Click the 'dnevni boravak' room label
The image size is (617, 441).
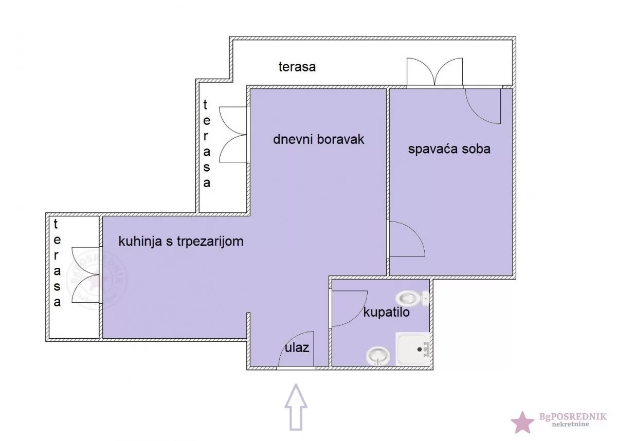pyautogui.click(x=318, y=139)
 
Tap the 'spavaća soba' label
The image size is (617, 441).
pyautogui.click(x=449, y=149)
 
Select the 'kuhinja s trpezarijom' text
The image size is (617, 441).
pyautogui.click(x=180, y=241)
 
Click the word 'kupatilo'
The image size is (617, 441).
pyautogui.click(x=386, y=312)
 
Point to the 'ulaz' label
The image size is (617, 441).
pyautogui.click(x=297, y=347)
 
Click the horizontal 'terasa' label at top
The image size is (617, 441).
pyautogui.click(x=297, y=66)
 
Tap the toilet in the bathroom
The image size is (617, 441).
pyautogui.click(x=411, y=298)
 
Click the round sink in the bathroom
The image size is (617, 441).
pyautogui.click(x=378, y=355)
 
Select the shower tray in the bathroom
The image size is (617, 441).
pyautogui.click(x=412, y=349)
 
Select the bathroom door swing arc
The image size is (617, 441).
pyautogui.click(x=349, y=308)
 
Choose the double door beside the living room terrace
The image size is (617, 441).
pyautogui.click(x=233, y=135)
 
